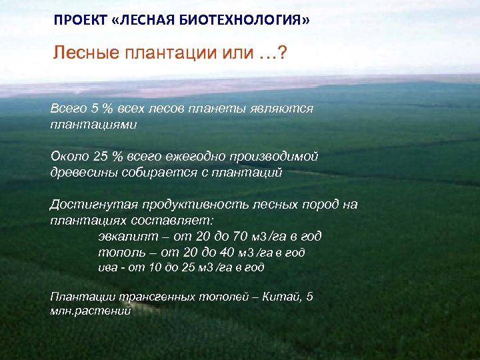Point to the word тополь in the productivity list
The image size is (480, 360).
point(119,252)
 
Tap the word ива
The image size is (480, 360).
point(107,267)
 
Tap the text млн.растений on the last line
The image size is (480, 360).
point(90,311)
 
